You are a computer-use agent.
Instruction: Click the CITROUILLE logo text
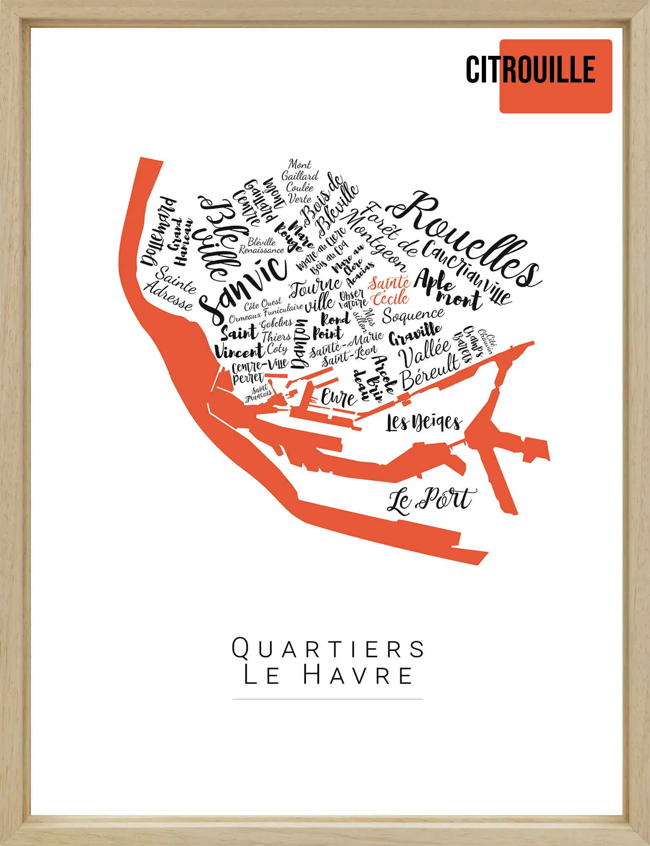click(530, 70)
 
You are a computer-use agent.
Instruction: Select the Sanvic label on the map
click(243, 288)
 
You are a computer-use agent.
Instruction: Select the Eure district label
click(338, 398)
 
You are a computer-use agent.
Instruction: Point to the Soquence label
click(413, 315)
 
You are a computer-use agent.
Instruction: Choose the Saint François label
click(259, 393)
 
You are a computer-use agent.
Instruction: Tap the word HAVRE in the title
click(358, 675)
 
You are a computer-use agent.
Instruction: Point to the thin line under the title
click(328, 699)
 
